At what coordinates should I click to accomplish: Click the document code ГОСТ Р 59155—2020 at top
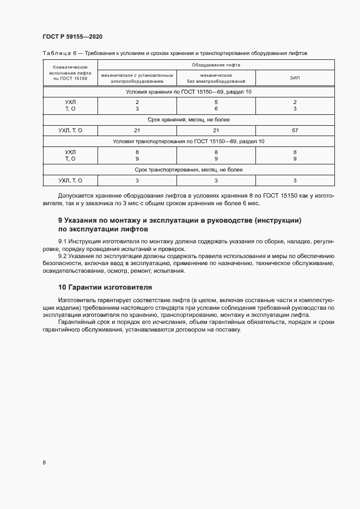click(x=72, y=36)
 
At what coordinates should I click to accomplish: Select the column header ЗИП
click(x=294, y=78)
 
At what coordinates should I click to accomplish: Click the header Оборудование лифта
click(x=216, y=65)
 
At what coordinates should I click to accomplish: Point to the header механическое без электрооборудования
click(x=216, y=78)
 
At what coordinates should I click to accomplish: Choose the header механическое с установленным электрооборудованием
click(x=137, y=78)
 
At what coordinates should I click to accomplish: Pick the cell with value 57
click(x=294, y=131)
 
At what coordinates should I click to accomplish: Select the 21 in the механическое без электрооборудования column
click(x=216, y=131)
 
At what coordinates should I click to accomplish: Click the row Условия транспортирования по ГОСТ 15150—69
click(x=188, y=142)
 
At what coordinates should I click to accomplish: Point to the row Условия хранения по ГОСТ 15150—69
click(x=188, y=91)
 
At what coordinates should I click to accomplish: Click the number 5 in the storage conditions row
click(x=216, y=102)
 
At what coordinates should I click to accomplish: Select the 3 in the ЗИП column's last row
click(x=294, y=180)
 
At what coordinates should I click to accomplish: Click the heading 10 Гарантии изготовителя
click(x=105, y=287)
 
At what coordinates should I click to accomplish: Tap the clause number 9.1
click(x=63, y=241)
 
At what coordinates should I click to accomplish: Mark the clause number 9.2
click(x=63, y=255)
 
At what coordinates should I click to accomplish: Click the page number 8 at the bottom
click(x=44, y=463)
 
